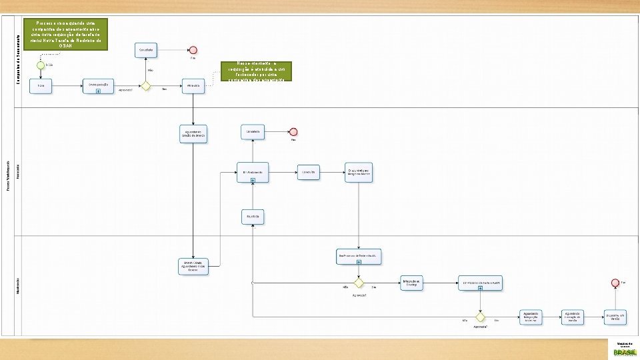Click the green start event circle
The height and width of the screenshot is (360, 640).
click(x=41, y=65)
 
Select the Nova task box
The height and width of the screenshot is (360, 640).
click(x=41, y=87)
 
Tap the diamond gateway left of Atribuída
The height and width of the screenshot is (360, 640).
click(x=145, y=86)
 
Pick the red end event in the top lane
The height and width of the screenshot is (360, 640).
click(x=193, y=50)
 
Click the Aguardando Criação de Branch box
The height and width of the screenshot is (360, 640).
click(x=193, y=132)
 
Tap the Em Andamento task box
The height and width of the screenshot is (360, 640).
click(x=253, y=171)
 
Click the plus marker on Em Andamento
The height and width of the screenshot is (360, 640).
click(x=253, y=181)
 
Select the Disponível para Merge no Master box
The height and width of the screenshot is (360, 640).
click(x=360, y=171)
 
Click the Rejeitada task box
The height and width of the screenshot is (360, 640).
click(x=253, y=217)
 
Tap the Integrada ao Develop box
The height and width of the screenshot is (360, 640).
click(x=411, y=282)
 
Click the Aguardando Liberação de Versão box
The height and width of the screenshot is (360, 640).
click(x=573, y=316)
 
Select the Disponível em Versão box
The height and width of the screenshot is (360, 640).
click(x=615, y=316)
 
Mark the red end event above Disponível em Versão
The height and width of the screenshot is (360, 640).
click(x=615, y=283)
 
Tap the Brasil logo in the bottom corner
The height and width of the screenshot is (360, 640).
click(x=625, y=349)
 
